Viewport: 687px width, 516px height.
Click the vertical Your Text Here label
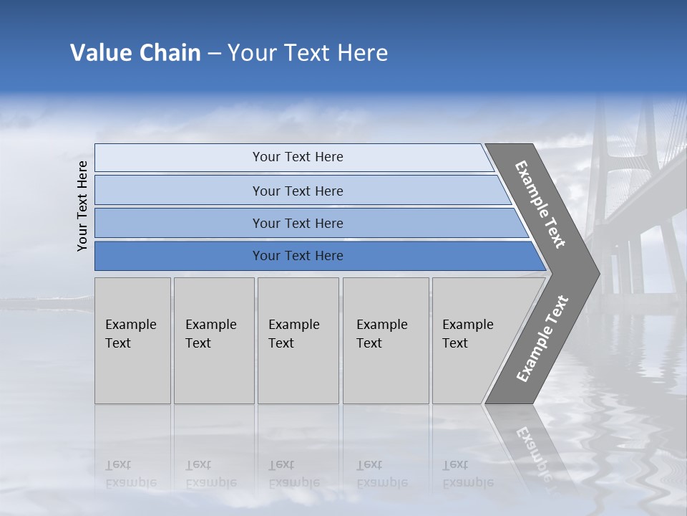pos(82,206)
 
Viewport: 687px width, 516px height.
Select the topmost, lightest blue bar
pos(298,157)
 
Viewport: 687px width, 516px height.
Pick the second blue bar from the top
pos(298,191)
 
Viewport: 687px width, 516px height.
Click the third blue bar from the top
pos(298,224)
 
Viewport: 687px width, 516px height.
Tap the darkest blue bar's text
pos(298,256)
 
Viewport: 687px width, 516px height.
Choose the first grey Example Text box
pos(132,340)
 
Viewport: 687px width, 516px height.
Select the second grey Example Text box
pos(213,340)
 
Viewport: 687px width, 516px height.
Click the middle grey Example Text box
pos(298,340)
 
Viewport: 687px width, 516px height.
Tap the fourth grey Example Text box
pos(385,340)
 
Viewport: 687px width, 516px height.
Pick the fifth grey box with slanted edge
pos(472,340)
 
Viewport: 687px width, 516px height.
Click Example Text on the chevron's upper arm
pos(540,204)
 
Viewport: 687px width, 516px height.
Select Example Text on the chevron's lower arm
pos(542,338)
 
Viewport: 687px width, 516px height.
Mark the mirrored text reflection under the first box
pos(131,474)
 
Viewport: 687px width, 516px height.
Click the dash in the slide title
pos(214,54)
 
